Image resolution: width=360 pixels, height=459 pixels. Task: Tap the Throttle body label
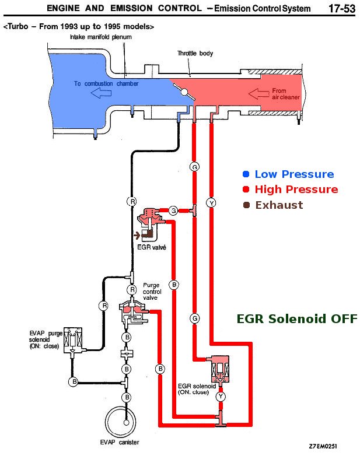coord(195,54)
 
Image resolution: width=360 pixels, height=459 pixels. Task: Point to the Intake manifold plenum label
coord(100,37)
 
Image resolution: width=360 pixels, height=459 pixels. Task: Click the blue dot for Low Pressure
coord(246,174)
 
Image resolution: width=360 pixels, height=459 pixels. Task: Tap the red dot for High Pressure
coord(246,190)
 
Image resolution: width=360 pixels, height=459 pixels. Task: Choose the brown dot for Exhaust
coord(246,205)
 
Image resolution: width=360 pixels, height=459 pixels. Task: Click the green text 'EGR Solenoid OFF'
coord(296,318)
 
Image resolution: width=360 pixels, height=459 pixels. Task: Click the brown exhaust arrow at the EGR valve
coord(139,235)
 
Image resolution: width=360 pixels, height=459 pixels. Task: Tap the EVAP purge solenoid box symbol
coord(74,339)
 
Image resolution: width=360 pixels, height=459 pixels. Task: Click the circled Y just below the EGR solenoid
coord(221,397)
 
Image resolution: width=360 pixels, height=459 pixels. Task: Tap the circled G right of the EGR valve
coord(173,210)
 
